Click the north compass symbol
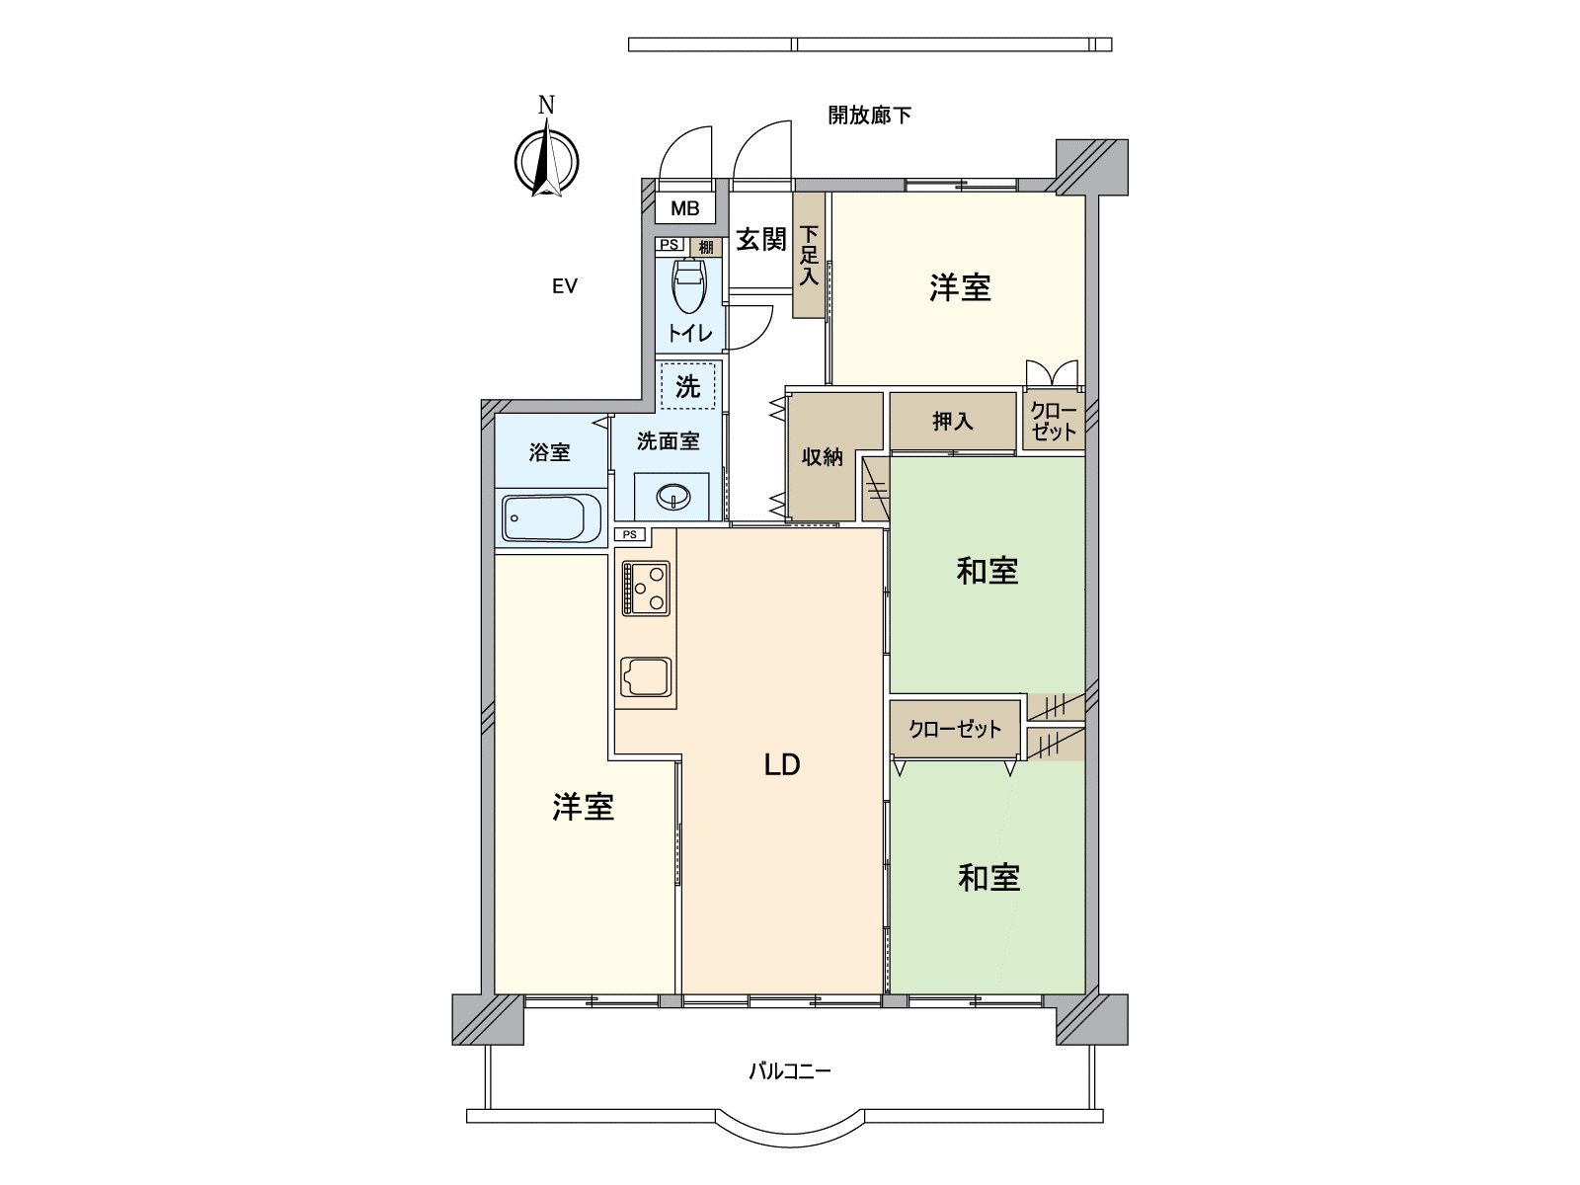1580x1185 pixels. pyautogui.click(x=546, y=159)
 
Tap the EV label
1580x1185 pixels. pyautogui.click(x=564, y=287)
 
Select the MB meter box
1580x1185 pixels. pyautogui.click(x=685, y=209)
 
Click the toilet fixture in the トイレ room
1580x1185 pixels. pyautogui.click(x=688, y=286)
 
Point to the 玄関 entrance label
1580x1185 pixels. pyautogui.click(x=760, y=240)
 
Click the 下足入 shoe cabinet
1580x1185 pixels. pyautogui.click(x=809, y=256)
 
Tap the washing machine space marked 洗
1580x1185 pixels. pyautogui.click(x=687, y=386)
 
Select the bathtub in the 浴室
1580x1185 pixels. pyautogui.click(x=552, y=518)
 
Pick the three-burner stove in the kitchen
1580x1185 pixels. pyautogui.click(x=646, y=588)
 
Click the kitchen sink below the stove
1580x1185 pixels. pyautogui.click(x=646, y=677)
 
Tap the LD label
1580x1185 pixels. pyautogui.click(x=781, y=765)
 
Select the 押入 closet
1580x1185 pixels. pyautogui.click(x=953, y=422)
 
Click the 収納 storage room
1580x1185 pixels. pyautogui.click(x=822, y=457)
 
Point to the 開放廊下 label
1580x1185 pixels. pyautogui.click(x=869, y=116)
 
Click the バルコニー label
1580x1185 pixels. pyautogui.click(x=789, y=1070)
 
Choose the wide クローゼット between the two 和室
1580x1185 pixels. pyautogui.click(x=955, y=730)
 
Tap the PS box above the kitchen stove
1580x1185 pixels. pyautogui.click(x=630, y=534)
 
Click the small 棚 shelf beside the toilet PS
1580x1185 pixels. pyautogui.click(x=705, y=247)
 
